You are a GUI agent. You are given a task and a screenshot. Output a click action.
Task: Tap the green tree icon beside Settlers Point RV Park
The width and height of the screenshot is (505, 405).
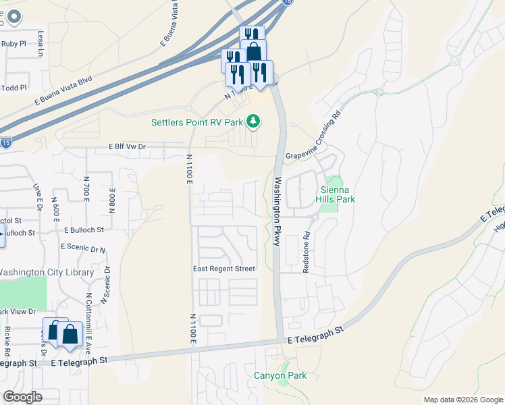click(253, 122)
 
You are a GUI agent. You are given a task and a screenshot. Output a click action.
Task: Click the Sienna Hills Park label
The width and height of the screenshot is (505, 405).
click(336, 194)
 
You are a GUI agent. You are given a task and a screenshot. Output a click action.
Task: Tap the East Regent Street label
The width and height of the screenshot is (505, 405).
click(224, 269)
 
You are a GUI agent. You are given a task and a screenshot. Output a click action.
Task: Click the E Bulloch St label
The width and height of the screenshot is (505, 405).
click(84, 230)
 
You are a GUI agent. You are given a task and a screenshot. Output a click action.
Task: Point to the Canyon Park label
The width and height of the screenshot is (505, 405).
click(280, 376)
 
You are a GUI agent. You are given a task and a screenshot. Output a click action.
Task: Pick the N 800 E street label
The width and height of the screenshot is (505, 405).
click(113, 200)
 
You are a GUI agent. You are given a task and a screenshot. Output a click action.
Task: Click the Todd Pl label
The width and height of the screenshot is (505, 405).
click(14, 88)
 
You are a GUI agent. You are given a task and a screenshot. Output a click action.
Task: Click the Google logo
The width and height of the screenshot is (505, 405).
click(22, 396)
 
